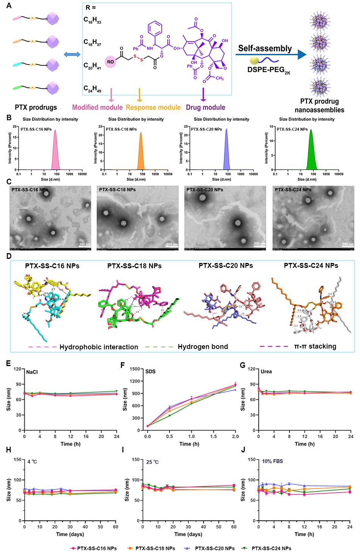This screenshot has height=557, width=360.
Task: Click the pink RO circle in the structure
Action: (110, 61)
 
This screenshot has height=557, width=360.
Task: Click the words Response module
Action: (153, 108)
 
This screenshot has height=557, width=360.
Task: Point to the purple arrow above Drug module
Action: (203, 95)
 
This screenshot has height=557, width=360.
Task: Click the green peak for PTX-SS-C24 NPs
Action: (311, 152)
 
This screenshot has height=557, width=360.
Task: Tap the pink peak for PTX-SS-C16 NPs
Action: (55, 152)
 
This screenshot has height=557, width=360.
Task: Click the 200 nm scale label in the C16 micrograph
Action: (85, 244)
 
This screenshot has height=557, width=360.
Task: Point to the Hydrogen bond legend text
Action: (203, 347)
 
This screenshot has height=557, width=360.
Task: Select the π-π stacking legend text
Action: (315, 346)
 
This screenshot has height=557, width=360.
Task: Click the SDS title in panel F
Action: (150, 372)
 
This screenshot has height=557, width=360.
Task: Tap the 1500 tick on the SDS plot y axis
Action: (135, 369)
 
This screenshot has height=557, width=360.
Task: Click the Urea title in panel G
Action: (266, 372)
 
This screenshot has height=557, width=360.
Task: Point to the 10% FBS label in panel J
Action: (272, 462)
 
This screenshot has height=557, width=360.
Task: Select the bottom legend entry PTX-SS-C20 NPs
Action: (214, 548)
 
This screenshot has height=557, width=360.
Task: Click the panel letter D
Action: (9, 256)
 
